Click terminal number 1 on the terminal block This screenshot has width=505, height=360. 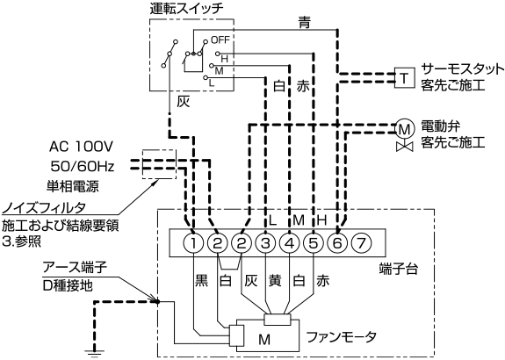tap(193, 243)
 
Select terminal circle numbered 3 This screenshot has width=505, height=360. tap(265, 243)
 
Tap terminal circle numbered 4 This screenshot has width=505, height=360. tap(290, 243)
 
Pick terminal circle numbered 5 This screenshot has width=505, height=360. tap(314, 243)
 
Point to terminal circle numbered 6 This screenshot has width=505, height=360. tap(337, 243)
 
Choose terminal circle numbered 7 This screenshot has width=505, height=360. tap(361, 243)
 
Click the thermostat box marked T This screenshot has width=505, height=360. tap(405, 77)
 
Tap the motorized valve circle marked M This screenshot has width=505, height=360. tap(405, 129)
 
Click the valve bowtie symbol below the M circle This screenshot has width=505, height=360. tap(405, 147)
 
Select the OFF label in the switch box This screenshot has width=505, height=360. tap(220, 40)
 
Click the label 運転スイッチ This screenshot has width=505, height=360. tap(186, 9)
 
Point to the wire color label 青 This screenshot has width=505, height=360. tap(304, 23)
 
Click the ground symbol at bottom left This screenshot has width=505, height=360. tap(95, 353)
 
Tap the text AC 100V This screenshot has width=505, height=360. tap(81, 147)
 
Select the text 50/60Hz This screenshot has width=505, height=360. tap(83, 167)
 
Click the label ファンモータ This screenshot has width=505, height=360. tap(341, 337)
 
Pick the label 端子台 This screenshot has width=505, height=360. tap(399, 268)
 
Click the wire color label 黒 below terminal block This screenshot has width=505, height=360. tap(202, 280)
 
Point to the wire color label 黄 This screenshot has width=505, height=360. tap(275, 280)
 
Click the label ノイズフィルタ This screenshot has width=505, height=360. tap(44, 207)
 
